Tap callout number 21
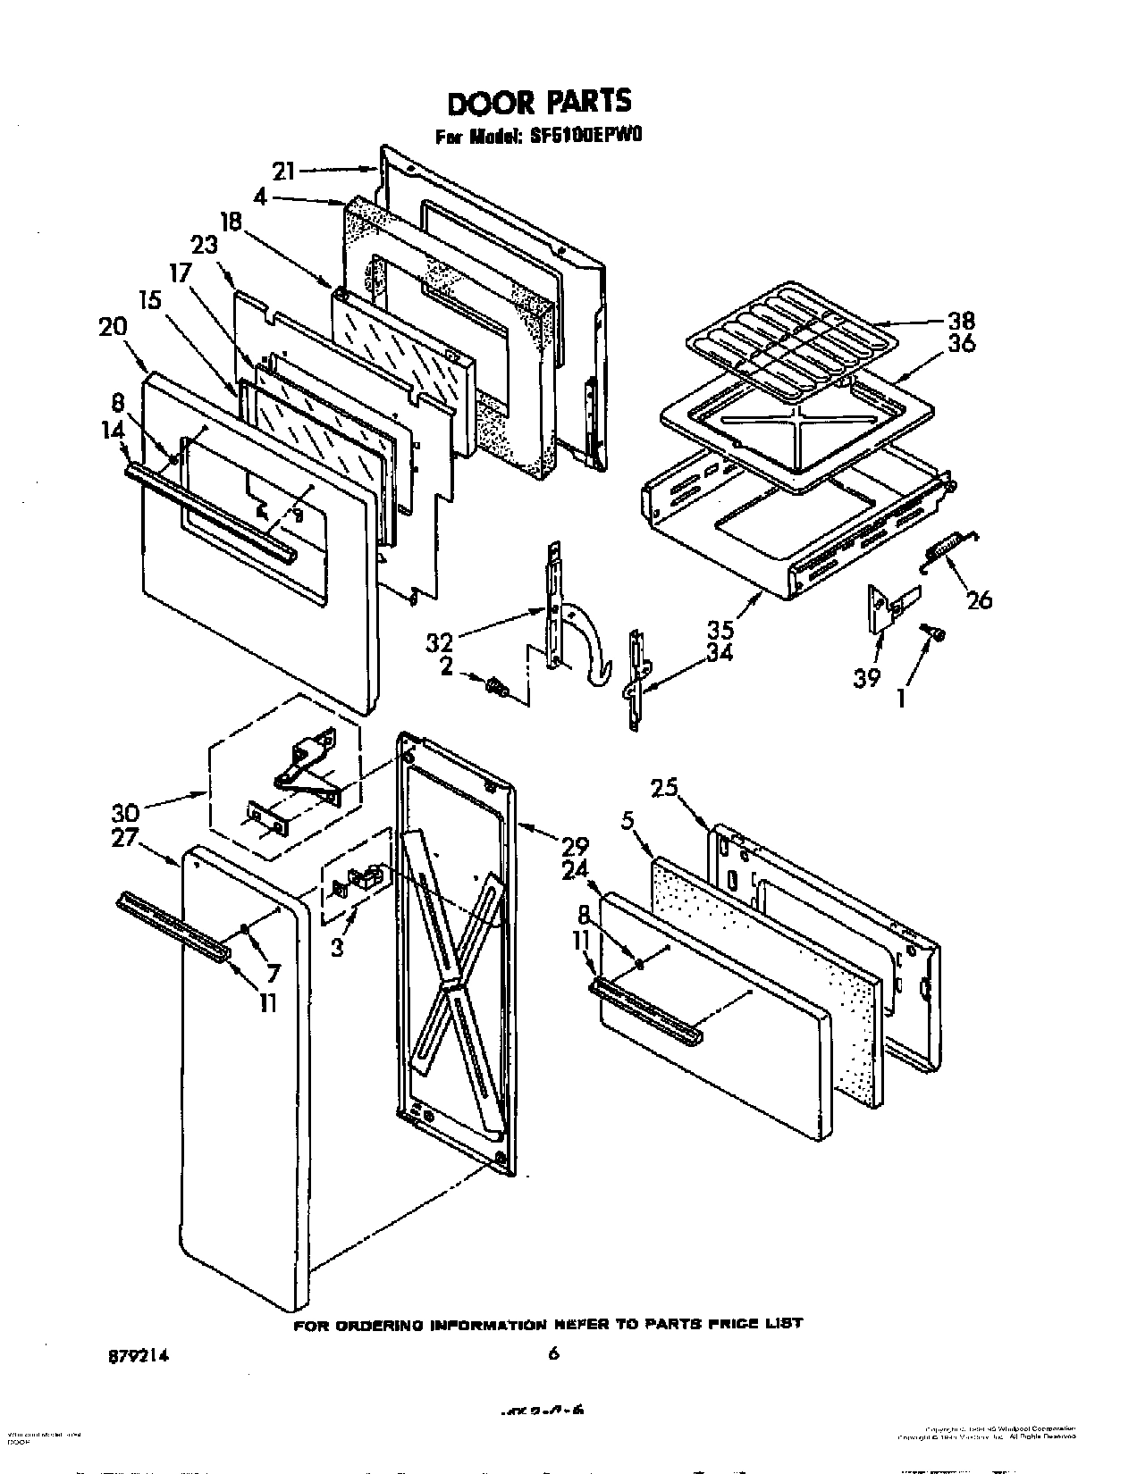(x=283, y=172)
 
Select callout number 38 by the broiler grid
(x=962, y=320)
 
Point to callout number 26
(x=980, y=599)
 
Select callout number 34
(x=719, y=653)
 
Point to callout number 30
(x=124, y=813)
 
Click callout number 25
(x=662, y=788)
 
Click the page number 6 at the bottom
(x=553, y=1354)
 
